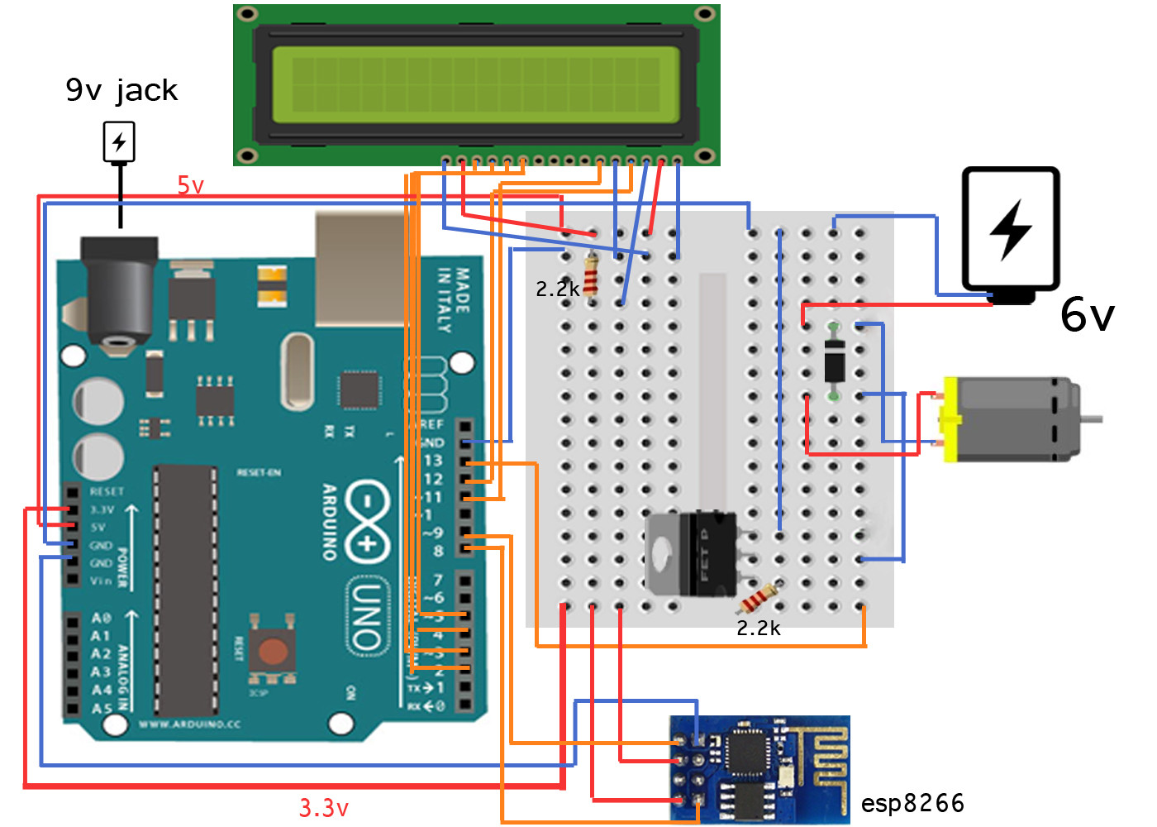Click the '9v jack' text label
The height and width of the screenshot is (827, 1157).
[x=121, y=89]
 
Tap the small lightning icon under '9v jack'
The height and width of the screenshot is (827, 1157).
[x=119, y=142]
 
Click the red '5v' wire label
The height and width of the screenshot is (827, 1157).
[x=190, y=185]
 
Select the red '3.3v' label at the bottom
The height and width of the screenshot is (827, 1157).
[x=324, y=807]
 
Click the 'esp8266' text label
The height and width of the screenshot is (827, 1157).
[x=912, y=803]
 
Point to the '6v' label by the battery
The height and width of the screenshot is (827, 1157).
[x=1087, y=315]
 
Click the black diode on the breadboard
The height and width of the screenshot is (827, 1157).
[x=835, y=361]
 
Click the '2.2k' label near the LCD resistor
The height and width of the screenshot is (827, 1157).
[x=557, y=289]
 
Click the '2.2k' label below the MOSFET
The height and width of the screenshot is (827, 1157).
[x=758, y=629]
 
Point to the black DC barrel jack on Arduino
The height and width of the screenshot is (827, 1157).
[x=120, y=294]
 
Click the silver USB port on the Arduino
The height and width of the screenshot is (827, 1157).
[x=359, y=265]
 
